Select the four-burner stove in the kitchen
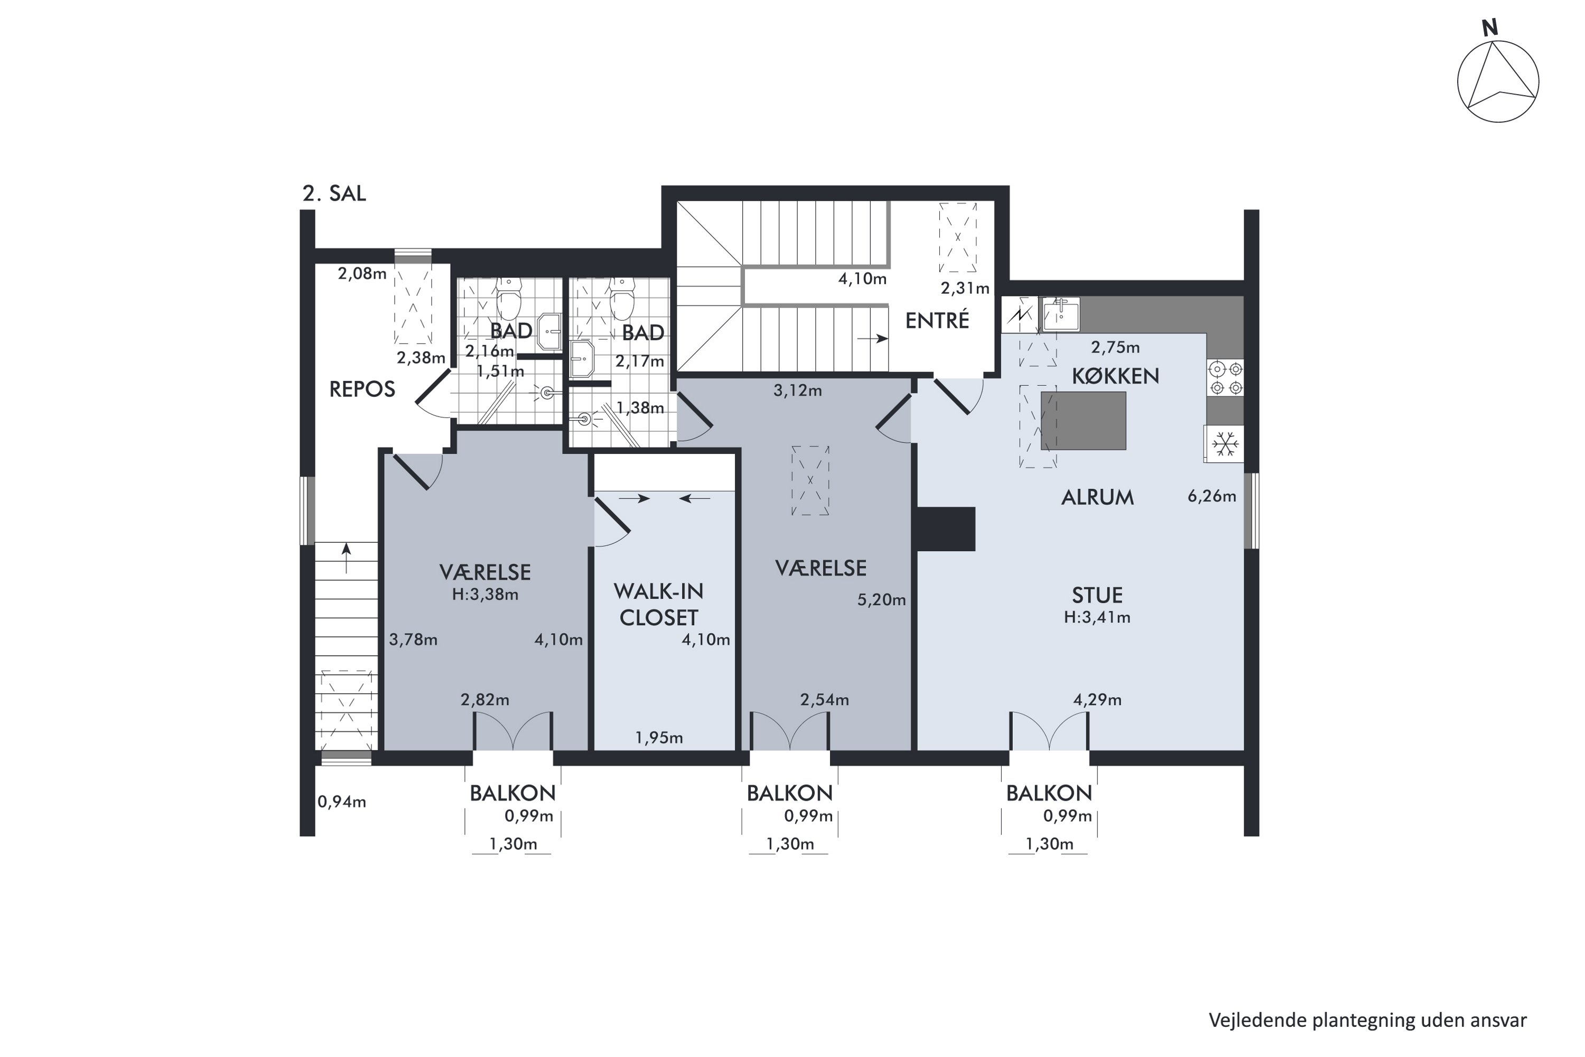[x=1225, y=378]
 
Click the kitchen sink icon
[x=1061, y=313]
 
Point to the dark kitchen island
[x=1084, y=421]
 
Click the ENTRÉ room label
[x=937, y=320]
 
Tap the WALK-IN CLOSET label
[x=658, y=604]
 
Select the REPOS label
[x=362, y=389]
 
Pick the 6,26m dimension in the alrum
[x=1211, y=496]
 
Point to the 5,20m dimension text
[x=881, y=599]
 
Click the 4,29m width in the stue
[x=1097, y=700]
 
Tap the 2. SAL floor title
[x=334, y=193]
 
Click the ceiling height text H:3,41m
[x=1097, y=617]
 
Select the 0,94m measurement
[x=342, y=802]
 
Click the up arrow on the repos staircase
[x=347, y=558]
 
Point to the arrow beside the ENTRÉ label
[x=873, y=338]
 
